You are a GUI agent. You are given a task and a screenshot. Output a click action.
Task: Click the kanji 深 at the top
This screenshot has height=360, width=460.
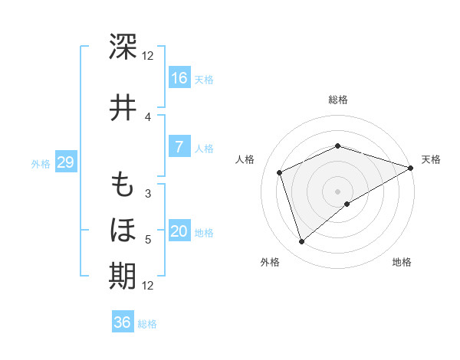point(123,46)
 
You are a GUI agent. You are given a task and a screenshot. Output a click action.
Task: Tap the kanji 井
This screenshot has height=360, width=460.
point(123,108)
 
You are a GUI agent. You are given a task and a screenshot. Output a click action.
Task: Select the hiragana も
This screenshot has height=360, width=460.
point(123,185)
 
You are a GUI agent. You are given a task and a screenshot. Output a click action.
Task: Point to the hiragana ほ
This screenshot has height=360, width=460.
point(123,230)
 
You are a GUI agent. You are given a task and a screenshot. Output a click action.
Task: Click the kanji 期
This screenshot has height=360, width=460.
point(123,275)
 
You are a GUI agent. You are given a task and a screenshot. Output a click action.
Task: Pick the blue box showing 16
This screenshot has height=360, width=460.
point(179,77)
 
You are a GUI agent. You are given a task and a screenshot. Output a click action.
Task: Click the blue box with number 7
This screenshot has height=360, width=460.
point(179,147)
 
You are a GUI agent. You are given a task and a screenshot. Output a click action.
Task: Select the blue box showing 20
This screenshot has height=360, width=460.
point(179,232)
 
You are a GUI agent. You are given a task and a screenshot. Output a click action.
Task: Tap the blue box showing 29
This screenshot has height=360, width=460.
point(65,162)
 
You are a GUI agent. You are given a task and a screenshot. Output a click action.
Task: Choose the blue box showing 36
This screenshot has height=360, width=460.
point(123,322)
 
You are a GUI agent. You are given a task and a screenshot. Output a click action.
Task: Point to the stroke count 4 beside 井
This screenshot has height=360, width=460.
point(148,117)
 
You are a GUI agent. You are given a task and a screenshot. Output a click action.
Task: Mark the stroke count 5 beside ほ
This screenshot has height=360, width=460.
point(148,240)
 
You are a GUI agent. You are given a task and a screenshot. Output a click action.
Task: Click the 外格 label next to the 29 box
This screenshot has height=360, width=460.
point(41,163)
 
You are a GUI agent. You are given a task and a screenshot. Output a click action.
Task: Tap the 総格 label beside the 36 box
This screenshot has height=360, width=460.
point(147,324)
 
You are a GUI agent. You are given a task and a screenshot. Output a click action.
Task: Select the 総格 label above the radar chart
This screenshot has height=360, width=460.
point(337,100)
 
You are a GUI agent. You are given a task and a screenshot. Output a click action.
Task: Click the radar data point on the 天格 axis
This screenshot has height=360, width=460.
point(411,168)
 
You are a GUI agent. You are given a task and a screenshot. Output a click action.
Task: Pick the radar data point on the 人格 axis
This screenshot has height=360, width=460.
point(280,172)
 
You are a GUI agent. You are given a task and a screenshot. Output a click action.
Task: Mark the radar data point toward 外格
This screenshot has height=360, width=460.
point(301,242)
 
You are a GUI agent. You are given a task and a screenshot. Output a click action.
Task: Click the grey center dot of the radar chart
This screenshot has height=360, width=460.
point(337,191)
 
